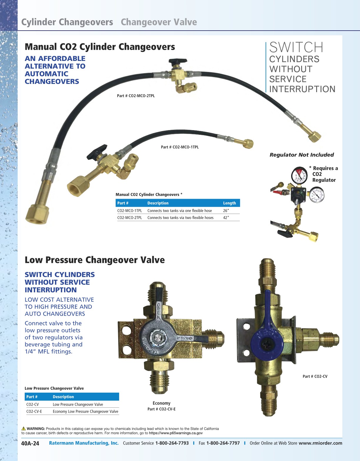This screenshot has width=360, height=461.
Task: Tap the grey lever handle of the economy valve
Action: [165, 336]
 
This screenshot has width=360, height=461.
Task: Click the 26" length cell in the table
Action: [226, 211]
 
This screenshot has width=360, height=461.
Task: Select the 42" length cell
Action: [226, 218]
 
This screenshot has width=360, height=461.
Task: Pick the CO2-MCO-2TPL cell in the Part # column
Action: [129, 218]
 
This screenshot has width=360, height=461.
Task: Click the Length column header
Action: [229, 203]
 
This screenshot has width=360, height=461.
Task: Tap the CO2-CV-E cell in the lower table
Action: [34, 412]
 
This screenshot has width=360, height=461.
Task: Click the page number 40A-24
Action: [30, 443]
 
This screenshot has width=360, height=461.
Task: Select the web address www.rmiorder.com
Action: [320, 443]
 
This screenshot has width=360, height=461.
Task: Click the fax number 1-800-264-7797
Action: [223, 443]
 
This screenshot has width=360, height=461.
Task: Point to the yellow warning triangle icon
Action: [24, 429]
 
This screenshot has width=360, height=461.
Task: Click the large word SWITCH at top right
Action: [296, 47]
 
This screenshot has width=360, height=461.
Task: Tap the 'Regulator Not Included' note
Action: [302, 155]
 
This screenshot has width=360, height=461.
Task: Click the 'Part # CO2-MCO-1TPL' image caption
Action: [180, 147]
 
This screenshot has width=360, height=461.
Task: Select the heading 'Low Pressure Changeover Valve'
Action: [95, 260]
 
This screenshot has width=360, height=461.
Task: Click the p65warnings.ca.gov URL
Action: [176, 433]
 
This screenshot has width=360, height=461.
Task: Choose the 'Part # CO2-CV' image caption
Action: [315, 377]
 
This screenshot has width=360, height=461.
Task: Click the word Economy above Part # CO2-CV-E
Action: [161, 403]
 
